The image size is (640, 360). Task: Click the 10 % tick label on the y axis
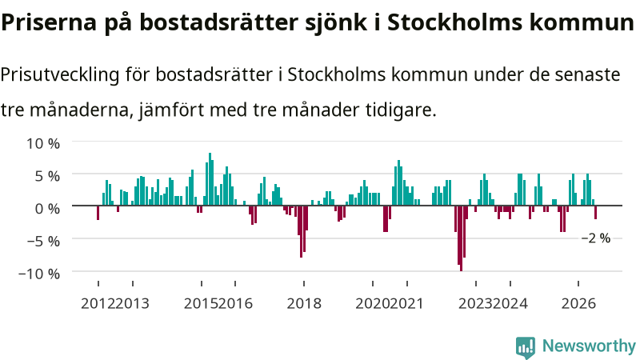point(43,144)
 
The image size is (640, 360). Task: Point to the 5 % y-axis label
point(47,176)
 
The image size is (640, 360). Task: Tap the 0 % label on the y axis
point(47,209)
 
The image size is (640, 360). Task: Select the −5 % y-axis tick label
point(43,241)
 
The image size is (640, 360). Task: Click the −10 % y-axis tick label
point(39,274)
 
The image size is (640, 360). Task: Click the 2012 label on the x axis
point(98,304)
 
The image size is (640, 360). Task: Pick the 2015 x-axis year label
point(201,304)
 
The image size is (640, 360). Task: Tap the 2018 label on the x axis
point(304,304)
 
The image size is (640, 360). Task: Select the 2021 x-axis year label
point(406,304)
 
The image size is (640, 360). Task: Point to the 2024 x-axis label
point(510,304)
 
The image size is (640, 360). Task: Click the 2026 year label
point(578,304)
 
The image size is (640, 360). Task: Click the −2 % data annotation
point(596,238)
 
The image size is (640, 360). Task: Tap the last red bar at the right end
point(595,212)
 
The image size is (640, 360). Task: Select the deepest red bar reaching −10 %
point(462,238)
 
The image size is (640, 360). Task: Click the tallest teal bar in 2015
point(210,179)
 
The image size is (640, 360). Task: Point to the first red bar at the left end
point(98,213)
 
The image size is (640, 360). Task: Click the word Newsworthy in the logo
point(589,346)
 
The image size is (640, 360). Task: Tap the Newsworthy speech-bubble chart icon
point(526,347)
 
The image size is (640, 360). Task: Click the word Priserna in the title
point(49,22)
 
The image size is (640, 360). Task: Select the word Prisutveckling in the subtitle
point(59,75)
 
